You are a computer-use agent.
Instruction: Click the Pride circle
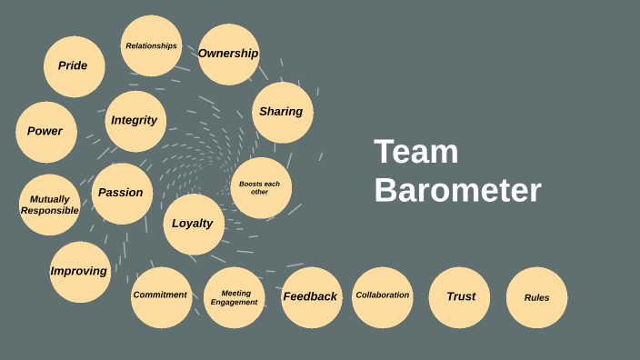74,66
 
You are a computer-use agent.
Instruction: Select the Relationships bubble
151,45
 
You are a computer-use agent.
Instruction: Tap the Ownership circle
228,55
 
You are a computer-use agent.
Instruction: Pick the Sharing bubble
282,113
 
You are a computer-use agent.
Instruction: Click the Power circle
45,132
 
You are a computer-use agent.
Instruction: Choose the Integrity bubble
135,121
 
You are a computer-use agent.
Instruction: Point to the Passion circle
122,193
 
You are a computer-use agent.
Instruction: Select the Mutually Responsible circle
49,205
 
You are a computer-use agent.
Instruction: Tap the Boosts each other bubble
260,188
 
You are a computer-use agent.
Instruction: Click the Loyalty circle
193,224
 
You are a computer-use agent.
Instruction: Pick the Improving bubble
79,272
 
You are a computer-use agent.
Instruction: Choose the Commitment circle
161,296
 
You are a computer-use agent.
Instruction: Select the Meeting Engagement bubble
234,297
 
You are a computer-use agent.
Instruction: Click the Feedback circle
311,297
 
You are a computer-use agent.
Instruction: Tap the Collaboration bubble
383,296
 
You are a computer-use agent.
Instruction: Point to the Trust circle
460,297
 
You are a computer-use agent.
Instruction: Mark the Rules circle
536,297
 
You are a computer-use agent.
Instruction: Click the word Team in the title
415,153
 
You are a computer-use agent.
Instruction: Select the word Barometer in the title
457,191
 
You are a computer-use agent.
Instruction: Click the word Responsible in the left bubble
49,211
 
